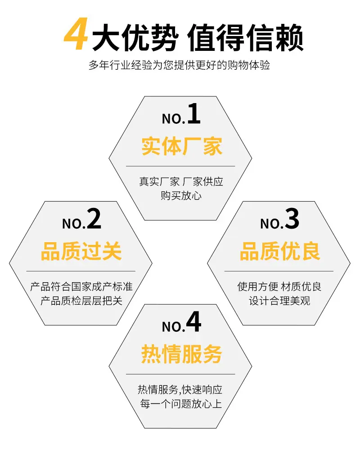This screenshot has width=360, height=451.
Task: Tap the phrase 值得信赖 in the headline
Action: (x=245, y=38)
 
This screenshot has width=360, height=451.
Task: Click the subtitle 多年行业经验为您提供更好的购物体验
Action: (x=179, y=65)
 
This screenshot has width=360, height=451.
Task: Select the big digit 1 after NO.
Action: (x=194, y=114)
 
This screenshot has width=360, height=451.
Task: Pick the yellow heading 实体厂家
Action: (x=182, y=146)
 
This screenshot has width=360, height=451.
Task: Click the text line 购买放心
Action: (x=181, y=196)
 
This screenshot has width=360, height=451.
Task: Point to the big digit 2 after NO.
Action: (x=94, y=219)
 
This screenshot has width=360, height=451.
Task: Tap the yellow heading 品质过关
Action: (x=81, y=251)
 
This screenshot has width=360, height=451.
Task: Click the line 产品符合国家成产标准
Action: (x=81, y=286)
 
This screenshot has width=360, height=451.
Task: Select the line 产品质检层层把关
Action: (x=81, y=301)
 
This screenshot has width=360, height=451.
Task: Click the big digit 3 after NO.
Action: (x=292, y=219)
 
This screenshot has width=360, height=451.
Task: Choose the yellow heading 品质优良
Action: (x=280, y=251)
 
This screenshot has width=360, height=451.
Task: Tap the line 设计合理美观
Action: (x=279, y=301)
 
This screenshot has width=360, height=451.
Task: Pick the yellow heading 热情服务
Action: (x=182, y=354)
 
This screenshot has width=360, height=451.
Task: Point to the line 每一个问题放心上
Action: (x=181, y=404)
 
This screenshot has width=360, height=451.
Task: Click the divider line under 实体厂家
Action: (x=180, y=166)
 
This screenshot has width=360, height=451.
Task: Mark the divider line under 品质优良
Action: (x=279, y=271)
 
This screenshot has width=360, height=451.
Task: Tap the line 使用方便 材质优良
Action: (x=279, y=286)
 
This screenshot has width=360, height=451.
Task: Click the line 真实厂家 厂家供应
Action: (x=181, y=181)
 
